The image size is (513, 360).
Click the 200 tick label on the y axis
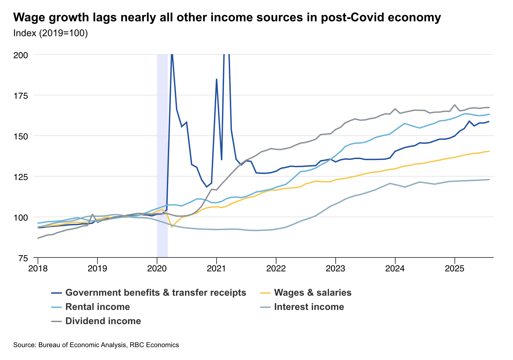[21, 55]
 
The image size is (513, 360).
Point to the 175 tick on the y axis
[21, 95]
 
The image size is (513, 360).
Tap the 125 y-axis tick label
[21, 177]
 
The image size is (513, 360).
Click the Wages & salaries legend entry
[313, 293]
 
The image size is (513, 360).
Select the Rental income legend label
[97, 307]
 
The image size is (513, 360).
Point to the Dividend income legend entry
[103, 321]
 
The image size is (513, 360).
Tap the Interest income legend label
[309, 307]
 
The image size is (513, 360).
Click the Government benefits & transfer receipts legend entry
[156, 293]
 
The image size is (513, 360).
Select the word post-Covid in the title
[349, 17]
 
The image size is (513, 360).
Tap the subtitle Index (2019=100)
[50, 33]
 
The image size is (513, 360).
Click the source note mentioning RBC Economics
[96, 345]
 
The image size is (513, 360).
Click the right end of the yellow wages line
[489, 151]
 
